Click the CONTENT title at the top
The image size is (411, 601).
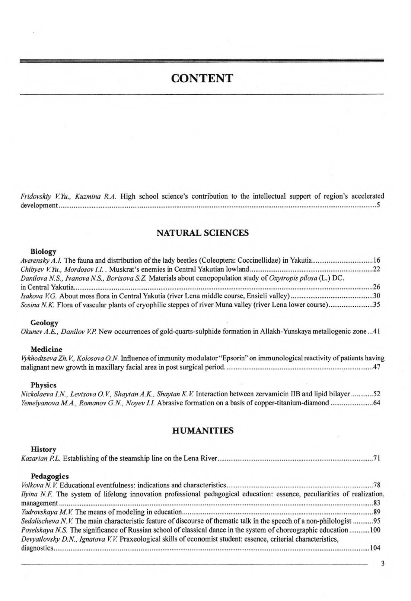click(x=202, y=79)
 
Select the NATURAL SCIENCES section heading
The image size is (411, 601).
click(x=203, y=233)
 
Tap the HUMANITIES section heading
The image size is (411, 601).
click(x=203, y=431)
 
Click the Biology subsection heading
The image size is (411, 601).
click(x=43, y=252)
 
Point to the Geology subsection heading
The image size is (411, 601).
click(x=44, y=323)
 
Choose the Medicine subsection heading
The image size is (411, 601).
click(x=46, y=349)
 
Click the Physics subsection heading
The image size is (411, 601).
click(x=44, y=385)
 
